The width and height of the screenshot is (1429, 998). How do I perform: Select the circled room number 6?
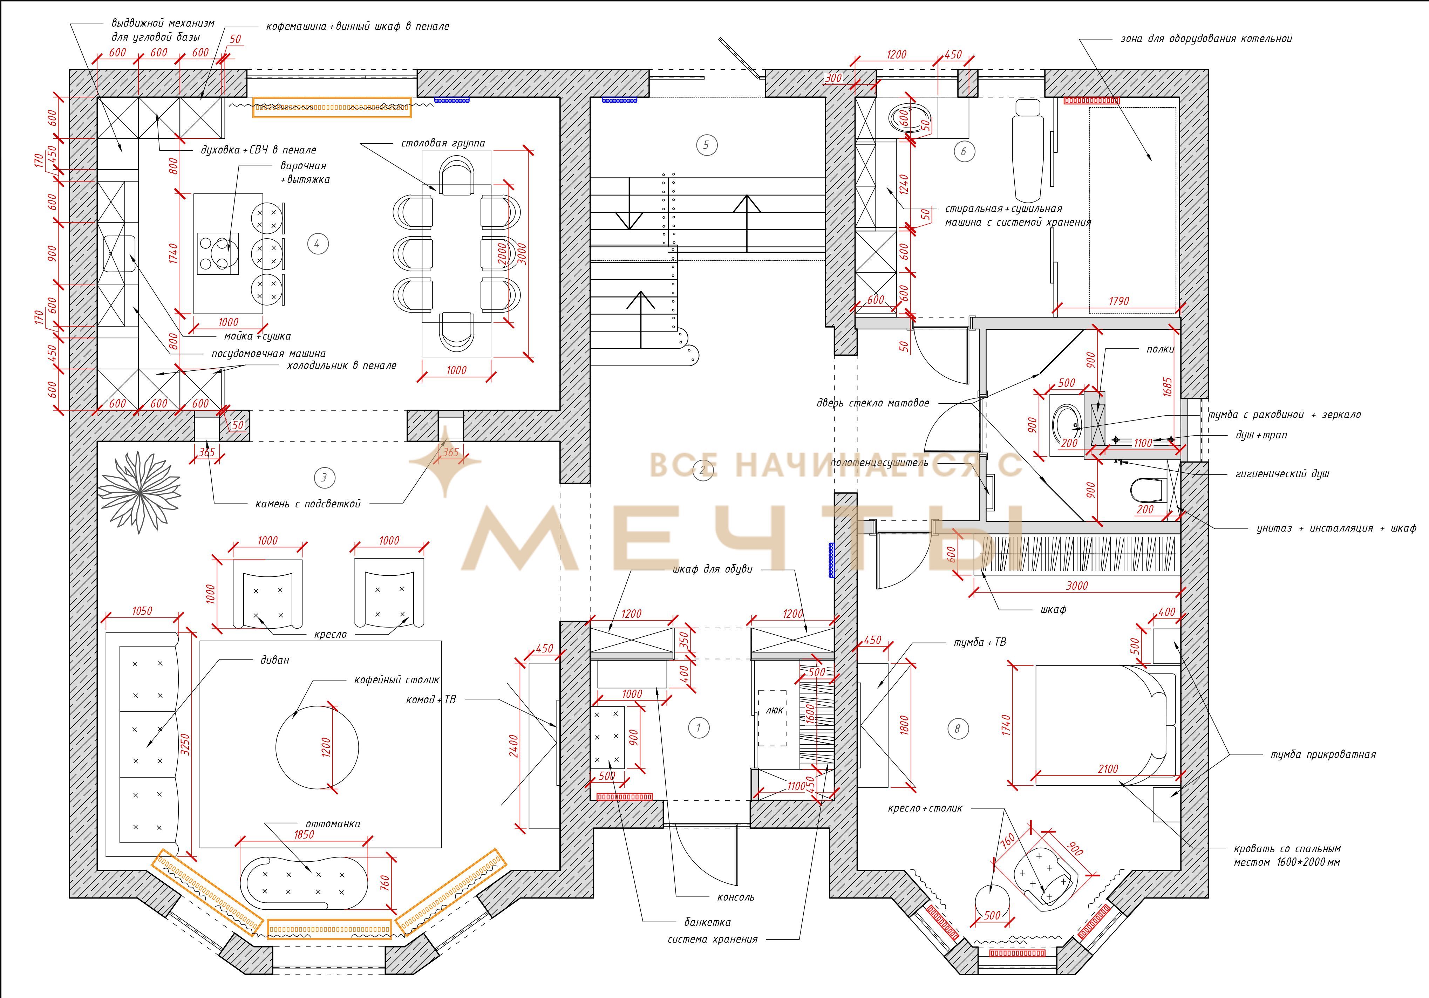click(x=964, y=151)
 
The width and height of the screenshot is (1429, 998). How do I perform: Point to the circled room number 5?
click(x=706, y=145)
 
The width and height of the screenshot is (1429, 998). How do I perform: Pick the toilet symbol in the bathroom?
click(x=1146, y=490)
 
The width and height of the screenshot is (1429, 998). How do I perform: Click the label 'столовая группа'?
click(x=443, y=143)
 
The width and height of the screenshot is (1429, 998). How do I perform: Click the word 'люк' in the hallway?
click(x=774, y=710)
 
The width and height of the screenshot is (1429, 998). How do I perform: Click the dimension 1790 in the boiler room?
click(x=1118, y=301)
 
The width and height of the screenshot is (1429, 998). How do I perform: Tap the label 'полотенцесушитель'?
click(x=879, y=462)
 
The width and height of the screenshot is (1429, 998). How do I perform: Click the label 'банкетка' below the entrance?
click(x=707, y=922)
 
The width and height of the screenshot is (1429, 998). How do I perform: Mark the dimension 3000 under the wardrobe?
click(x=1077, y=586)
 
